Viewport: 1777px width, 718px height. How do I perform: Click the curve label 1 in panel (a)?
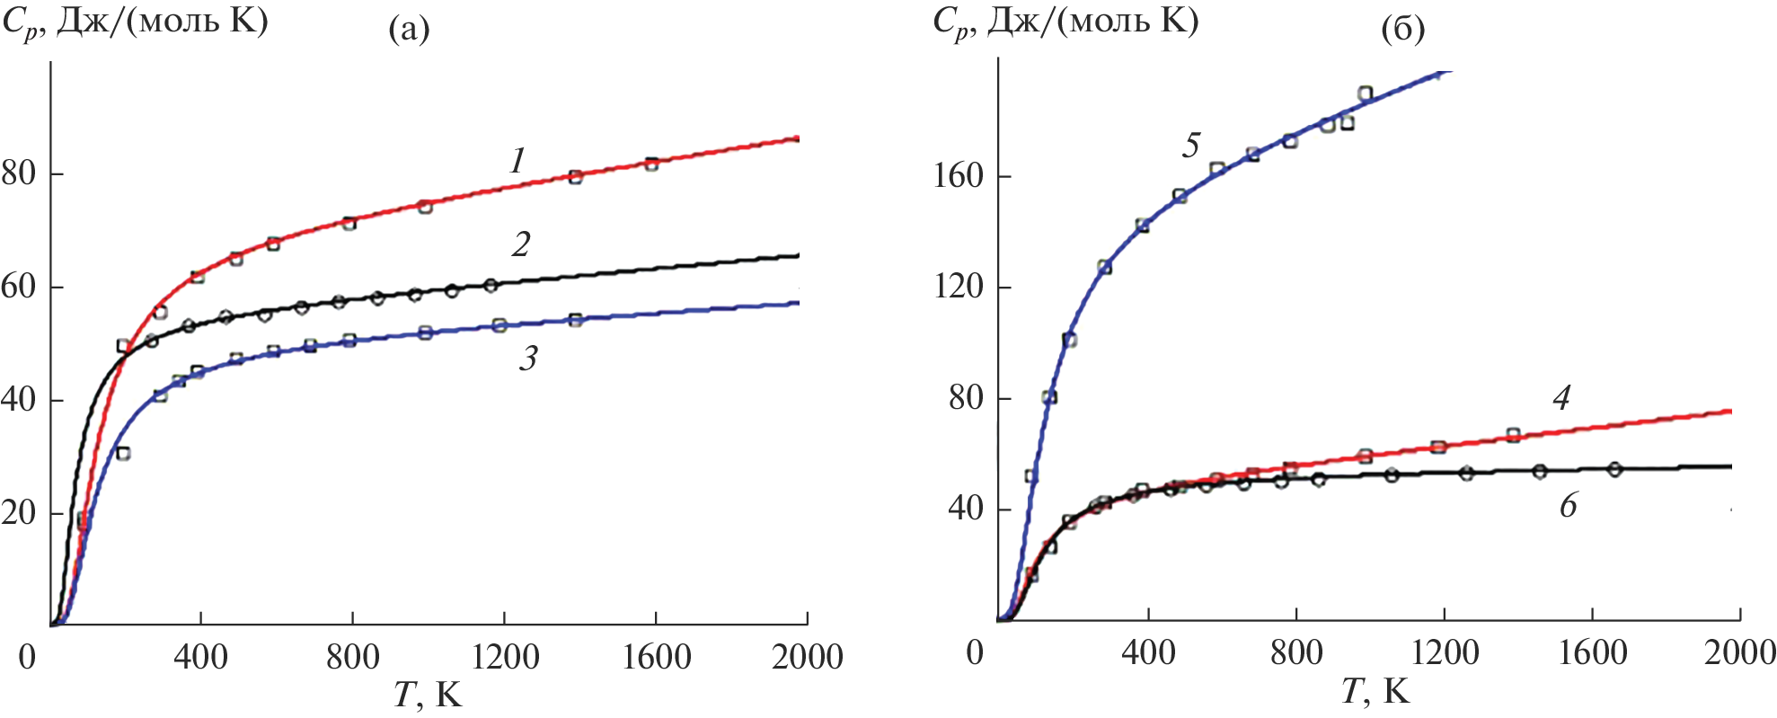click(x=517, y=161)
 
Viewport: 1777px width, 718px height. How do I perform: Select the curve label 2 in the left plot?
click(x=521, y=244)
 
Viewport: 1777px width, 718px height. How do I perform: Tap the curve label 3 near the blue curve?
click(x=528, y=358)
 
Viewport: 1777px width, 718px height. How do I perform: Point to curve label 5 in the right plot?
click(x=1191, y=145)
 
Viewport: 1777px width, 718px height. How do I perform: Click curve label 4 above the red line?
click(x=1561, y=397)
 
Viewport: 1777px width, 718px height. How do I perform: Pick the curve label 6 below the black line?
click(x=1568, y=506)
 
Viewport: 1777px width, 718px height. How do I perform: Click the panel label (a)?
click(x=409, y=31)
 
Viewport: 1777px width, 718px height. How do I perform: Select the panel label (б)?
click(x=1402, y=31)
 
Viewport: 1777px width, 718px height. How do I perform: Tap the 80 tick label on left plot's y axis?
click(x=19, y=173)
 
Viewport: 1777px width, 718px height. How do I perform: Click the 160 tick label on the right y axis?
click(x=959, y=175)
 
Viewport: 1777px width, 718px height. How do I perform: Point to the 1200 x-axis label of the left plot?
click(x=505, y=657)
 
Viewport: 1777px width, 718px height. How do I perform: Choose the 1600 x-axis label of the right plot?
click(x=1592, y=652)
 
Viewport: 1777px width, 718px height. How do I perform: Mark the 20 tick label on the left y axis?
click(x=19, y=513)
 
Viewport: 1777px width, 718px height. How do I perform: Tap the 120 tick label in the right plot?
click(x=959, y=287)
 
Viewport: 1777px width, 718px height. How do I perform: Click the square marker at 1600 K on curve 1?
click(x=651, y=164)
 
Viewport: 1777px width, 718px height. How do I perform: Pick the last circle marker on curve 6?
click(x=1614, y=469)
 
